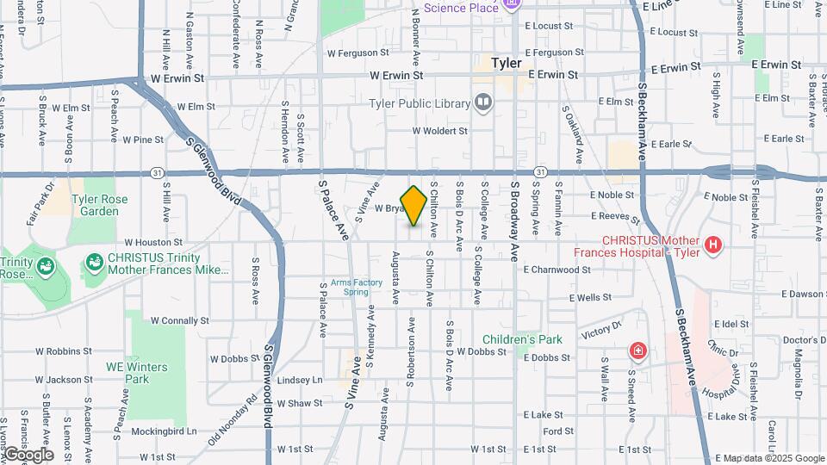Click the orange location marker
pos(413,206)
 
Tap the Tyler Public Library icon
pos(483,104)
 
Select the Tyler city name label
pos(507,63)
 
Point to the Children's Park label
pos(522,339)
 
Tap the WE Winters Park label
pos(127,373)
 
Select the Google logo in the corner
pos(28,455)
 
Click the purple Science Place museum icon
pos(511,5)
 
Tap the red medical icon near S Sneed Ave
pos(637,350)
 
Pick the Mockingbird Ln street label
pos(168,431)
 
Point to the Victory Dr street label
pos(600,329)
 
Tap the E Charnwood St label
pos(557,269)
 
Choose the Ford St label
pos(558,431)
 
